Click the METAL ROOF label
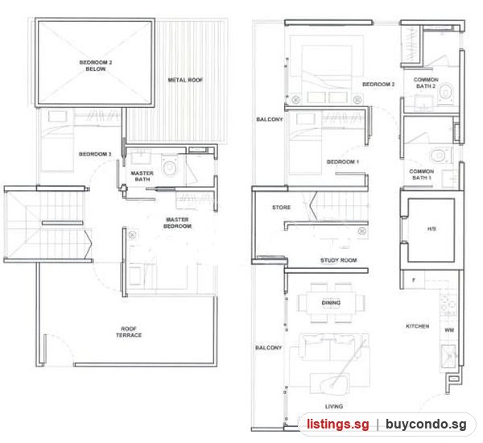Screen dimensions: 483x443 tap(185, 81)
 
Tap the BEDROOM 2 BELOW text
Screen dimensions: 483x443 tap(96, 66)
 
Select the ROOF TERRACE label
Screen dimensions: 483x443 tap(129, 332)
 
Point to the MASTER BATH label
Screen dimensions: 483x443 tap(142, 176)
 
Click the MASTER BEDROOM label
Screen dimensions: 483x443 tap(177, 223)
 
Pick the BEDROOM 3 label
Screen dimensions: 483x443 tap(95, 154)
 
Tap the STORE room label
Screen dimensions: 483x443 tap(281, 208)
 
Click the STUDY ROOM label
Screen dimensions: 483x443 tap(339, 260)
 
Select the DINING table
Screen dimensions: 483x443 tap(331, 303)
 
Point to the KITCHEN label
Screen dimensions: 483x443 tap(417, 326)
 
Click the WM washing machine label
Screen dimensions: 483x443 tap(449, 330)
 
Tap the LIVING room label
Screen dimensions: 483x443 tap(334, 407)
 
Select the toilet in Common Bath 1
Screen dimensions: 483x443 tap(440, 156)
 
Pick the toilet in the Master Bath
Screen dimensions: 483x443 tap(169, 166)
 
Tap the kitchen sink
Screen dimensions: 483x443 tap(448, 356)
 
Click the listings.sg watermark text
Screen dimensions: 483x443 tap(337, 424)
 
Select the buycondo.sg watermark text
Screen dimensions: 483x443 tap(426, 424)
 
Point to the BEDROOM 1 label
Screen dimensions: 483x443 tap(343, 162)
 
